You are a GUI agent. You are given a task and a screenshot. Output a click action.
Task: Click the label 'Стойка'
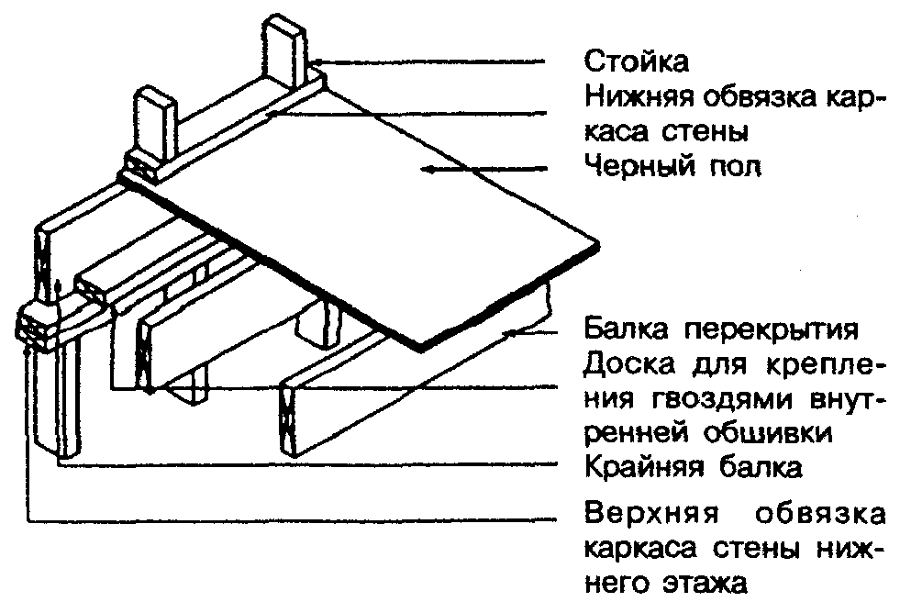636,63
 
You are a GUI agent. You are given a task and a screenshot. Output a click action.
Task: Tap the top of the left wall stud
154,95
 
